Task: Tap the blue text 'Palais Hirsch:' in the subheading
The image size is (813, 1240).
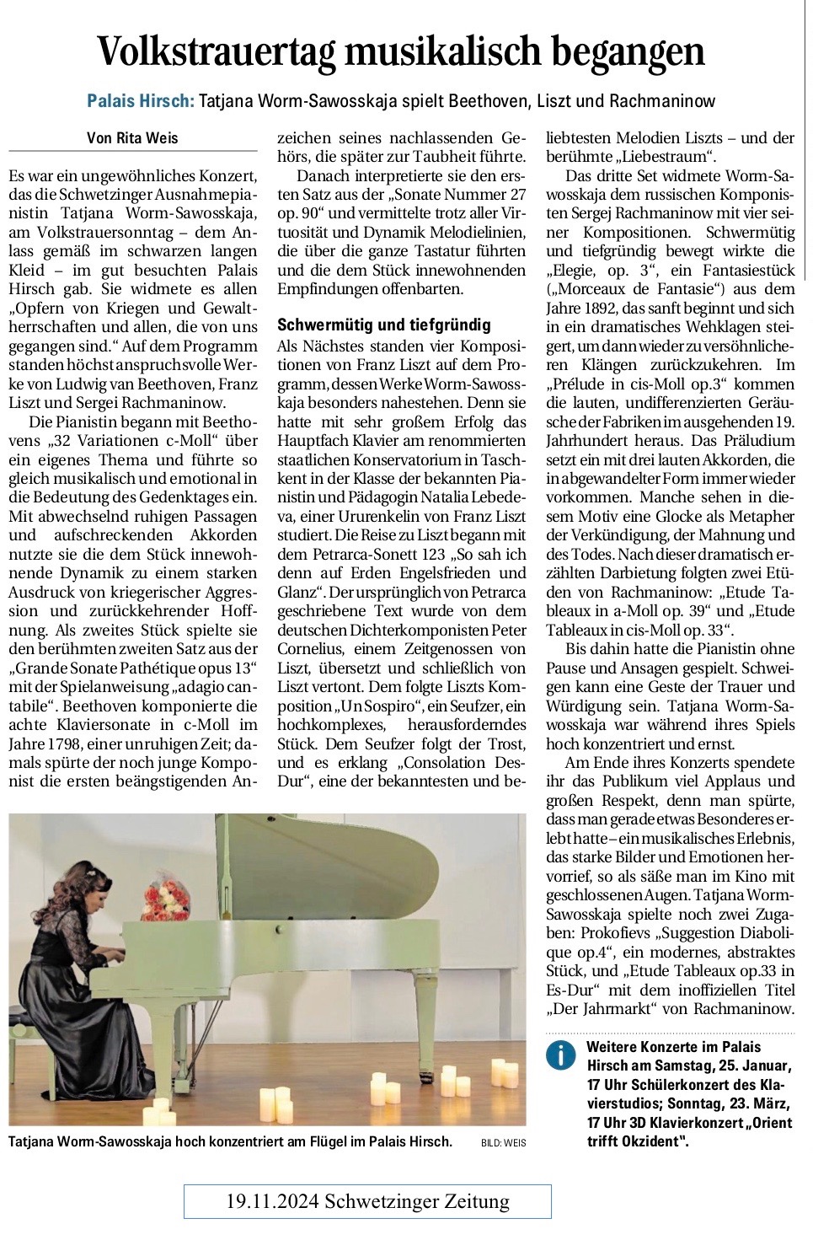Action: coord(141,101)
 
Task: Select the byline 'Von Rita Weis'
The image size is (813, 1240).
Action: coord(132,138)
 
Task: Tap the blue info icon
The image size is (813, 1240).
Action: coord(558,1055)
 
